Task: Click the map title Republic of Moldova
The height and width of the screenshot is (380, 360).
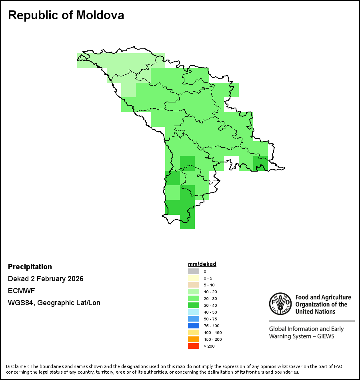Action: tap(66, 15)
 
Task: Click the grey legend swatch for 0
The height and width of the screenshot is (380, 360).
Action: tap(194, 271)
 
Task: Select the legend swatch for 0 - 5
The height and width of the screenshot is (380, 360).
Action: tap(194, 278)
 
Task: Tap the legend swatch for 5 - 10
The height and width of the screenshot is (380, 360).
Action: tap(194, 285)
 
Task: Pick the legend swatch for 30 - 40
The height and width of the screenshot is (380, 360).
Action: tap(194, 305)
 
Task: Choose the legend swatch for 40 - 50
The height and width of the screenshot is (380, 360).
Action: tap(194, 312)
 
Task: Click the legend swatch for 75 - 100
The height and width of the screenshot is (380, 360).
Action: tap(194, 326)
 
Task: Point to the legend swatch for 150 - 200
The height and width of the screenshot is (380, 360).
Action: tap(194, 339)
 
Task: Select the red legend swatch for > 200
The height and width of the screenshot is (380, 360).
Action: tap(194, 346)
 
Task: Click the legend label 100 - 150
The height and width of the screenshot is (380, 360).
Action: tap(212, 332)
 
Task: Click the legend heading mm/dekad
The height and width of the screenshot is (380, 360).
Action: tap(202, 264)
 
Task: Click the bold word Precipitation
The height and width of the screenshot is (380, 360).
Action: tap(30, 267)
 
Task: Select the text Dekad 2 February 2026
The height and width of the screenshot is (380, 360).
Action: tap(46, 279)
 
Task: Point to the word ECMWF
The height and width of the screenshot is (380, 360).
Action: tap(21, 291)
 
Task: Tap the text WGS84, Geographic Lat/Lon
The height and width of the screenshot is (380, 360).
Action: tap(54, 303)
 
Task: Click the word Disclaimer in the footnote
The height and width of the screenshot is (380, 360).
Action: tap(17, 366)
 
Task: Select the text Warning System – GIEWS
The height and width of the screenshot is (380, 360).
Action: tap(302, 336)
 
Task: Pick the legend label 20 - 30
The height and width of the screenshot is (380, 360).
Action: tap(210, 298)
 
